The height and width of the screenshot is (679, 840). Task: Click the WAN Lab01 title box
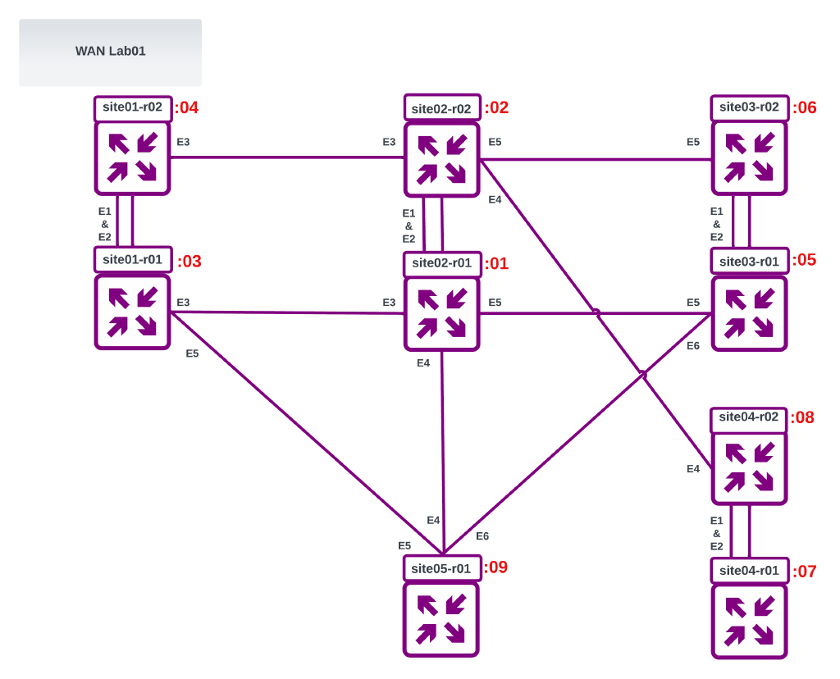[x=110, y=52]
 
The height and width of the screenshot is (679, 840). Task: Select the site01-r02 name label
[x=132, y=107]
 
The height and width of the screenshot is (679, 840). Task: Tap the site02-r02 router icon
[x=441, y=160]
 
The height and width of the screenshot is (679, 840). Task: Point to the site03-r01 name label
[x=749, y=262]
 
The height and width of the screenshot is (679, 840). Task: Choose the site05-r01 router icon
[x=441, y=619]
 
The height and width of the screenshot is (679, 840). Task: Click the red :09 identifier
[x=495, y=567]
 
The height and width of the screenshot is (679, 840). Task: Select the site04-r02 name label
[x=748, y=417]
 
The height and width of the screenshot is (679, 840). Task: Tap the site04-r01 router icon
[x=749, y=621]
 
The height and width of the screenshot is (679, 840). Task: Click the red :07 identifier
[x=804, y=572]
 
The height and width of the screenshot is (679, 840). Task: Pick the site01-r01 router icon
[x=132, y=312]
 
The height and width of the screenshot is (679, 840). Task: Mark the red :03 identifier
[x=189, y=262]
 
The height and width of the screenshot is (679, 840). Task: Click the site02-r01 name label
[x=441, y=263]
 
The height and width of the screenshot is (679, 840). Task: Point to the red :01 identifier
[x=496, y=264]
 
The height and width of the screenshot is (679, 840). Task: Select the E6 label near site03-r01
[x=693, y=346]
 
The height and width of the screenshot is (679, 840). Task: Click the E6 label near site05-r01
[x=482, y=536]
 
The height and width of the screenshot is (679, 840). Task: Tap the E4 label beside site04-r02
[x=693, y=469]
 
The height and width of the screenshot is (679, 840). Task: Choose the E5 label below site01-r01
[x=192, y=354]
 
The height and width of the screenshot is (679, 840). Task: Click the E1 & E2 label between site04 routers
[x=716, y=533]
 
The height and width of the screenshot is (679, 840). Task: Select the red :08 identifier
[x=802, y=417]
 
